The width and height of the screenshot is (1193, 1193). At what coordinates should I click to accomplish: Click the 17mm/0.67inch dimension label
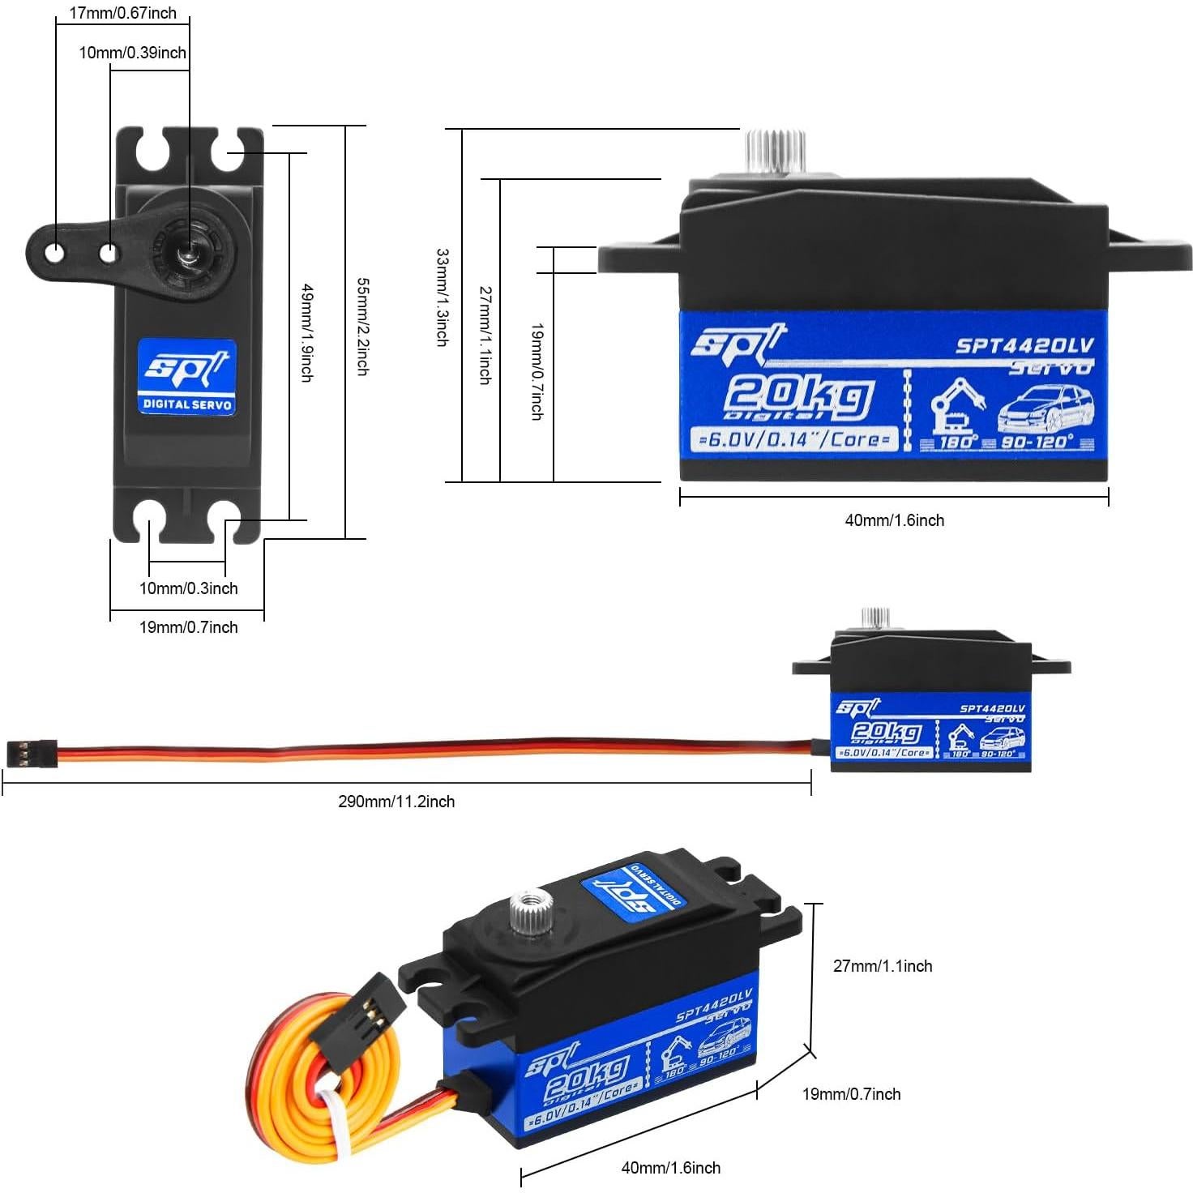122,13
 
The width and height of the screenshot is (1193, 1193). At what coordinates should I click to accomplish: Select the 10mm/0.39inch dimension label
132,53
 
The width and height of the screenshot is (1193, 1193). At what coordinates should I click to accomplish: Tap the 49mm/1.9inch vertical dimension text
307,332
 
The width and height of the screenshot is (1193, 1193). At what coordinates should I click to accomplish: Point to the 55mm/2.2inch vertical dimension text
362,327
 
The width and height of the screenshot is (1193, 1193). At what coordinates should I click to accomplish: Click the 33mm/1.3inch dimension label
443,297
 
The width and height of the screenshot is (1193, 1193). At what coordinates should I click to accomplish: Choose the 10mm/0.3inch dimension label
188,588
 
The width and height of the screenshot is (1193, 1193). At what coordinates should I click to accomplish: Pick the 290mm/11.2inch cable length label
396,802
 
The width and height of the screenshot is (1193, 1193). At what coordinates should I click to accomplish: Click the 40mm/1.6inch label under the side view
894,520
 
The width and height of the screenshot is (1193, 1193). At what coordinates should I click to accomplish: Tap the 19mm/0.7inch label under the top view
188,627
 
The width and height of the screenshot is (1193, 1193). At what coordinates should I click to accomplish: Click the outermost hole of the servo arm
54,253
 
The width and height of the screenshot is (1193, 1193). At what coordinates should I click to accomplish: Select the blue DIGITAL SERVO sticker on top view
186,378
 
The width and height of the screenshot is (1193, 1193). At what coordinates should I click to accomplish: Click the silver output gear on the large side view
775,151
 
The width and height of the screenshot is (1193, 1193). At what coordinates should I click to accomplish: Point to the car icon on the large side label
1045,411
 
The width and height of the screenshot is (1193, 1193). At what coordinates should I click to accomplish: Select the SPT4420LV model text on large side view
1024,346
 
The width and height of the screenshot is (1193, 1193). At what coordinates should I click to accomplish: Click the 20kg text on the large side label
798,396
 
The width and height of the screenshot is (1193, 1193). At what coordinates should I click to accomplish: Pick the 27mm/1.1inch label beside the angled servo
883,966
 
